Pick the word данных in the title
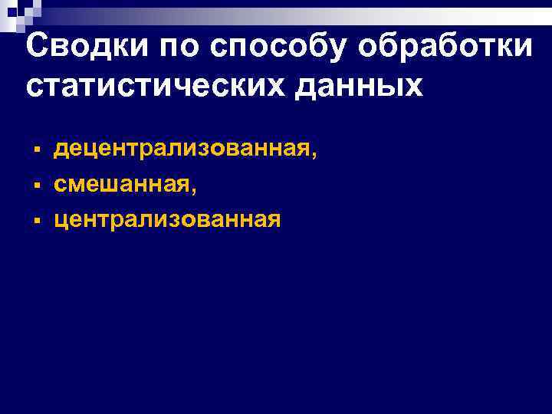[358, 86]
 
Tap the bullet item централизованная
[167, 220]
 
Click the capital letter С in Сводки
[37, 47]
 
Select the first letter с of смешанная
[60, 185]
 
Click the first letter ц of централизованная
[61, 222]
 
